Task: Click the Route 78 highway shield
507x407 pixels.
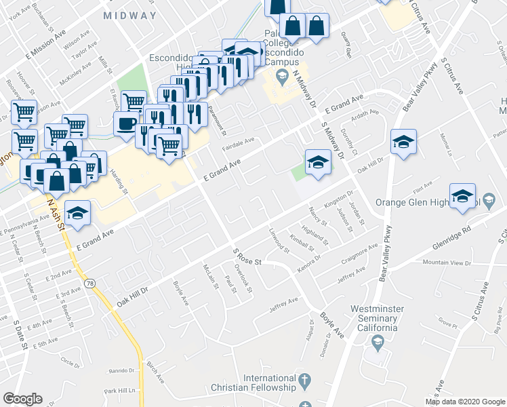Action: pyautogui.click(x=89, y=280)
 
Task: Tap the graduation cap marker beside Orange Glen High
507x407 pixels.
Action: pyautogui.click(x=462, y=196)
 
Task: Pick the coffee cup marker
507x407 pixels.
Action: pyautogui.click(x=125, y=124)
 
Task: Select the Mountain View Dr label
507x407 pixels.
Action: pyautogui.click(x=446, y=262)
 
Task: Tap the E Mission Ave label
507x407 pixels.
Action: pyautogui.click(x=47, y=42)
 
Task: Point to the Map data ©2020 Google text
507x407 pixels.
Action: pyautogui.click(x=465, y=402)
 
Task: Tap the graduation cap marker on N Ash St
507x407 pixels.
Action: pyautogui.click(x=77, y=212)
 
